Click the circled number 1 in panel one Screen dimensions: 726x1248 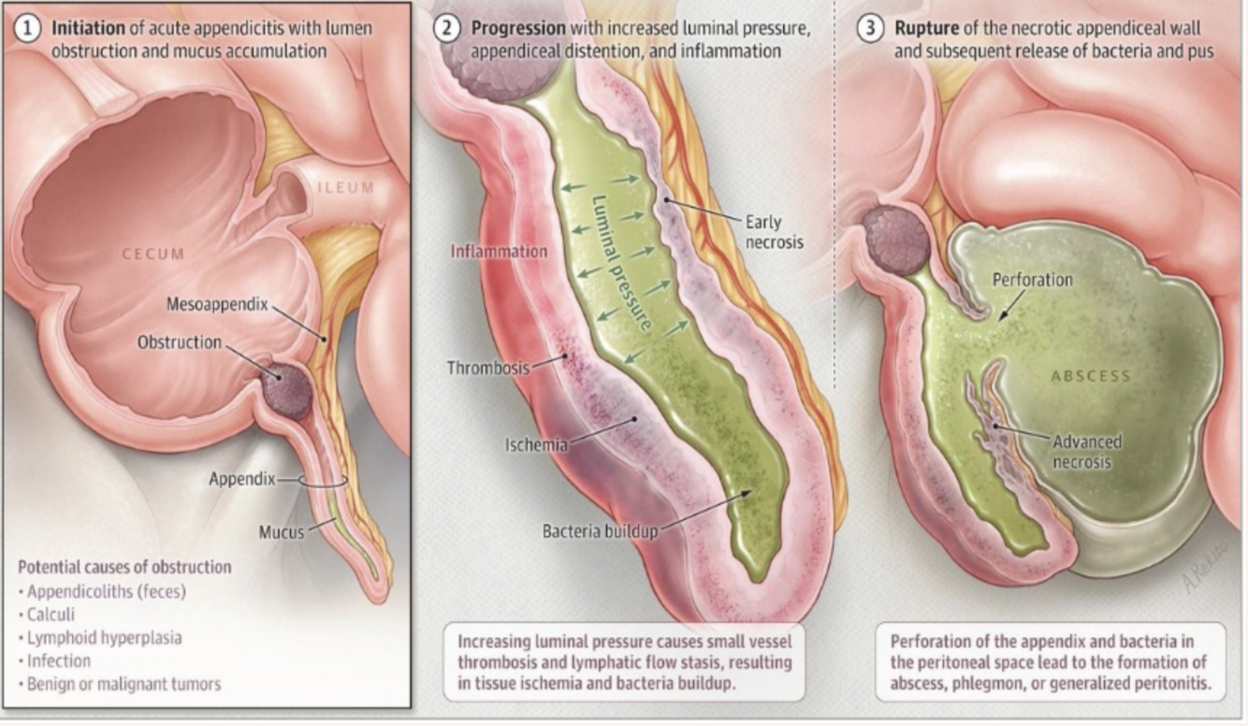pyautogui.click(x=28, y=27)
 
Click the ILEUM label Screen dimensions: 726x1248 pyautogui.click(x=346, y=188)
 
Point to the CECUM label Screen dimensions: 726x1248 pyautogui.click(x=153, y=254)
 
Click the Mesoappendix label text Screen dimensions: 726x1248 pyautogui.click(x=217, y=304)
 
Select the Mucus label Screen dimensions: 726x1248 pyautogui.click(x=282, y=532)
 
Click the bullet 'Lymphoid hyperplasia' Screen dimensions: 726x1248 pyautogui.click(x=104, y=638)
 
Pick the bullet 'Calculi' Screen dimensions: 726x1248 pyautogui.click(x=51, y=615)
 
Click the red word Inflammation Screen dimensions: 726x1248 pyautogui.click(x=499, y=252)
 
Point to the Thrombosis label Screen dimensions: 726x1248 pyautogui.click(x=487, y=368)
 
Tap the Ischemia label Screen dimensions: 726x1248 pyautogui.click(x=536, y=445)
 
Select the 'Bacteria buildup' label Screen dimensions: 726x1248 pyautogui.click(x=600, y=531)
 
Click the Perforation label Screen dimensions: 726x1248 pyautogui.click(x=1032, y=280)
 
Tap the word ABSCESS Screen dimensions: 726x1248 pyautogui.click(x=1091, y=376)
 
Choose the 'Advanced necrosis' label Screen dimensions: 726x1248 pyautogui.click(x=1086, y=452)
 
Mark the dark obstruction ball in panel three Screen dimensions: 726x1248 pyautogui.click(x=895, y=240)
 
